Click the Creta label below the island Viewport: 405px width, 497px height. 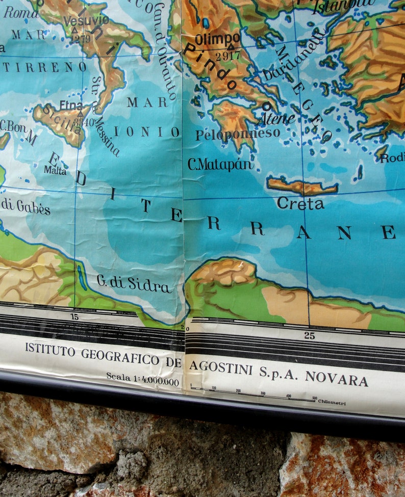300,204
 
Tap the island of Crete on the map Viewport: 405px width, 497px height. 302,187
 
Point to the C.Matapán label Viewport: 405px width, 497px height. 220,164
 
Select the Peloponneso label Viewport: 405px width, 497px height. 238,134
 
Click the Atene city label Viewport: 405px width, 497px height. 276,119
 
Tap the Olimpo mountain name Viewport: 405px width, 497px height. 217,39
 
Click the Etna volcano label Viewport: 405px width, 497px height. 71,106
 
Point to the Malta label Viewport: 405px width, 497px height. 55,170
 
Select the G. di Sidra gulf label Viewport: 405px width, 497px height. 134,283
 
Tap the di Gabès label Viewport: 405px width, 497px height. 26,206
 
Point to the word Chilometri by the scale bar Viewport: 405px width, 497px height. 332,403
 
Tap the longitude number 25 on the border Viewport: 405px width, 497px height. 310,335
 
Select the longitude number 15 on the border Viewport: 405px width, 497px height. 75,317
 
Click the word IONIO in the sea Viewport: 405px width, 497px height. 146,132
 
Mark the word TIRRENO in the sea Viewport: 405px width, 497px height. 45,67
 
